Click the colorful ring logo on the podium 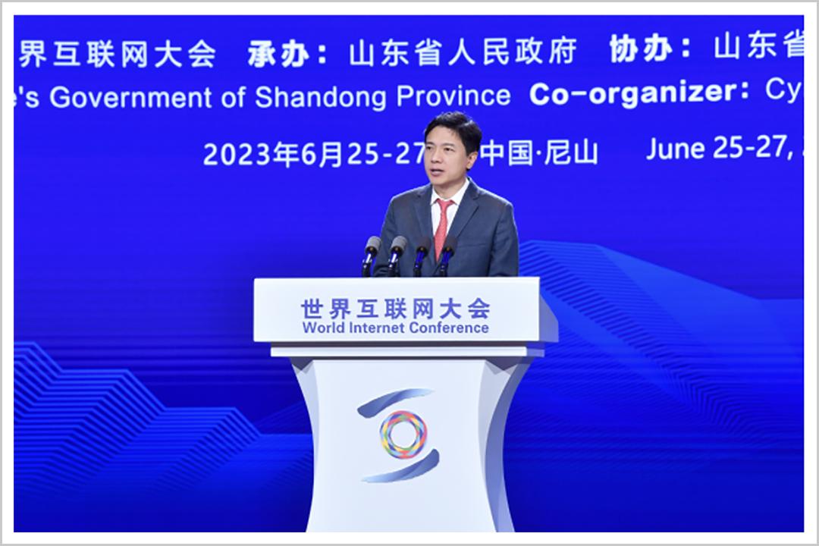[x=403, y=434]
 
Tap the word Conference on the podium [x=449, y=328]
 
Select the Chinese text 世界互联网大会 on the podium [x=395, y=308]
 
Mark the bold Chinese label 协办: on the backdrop [x=651, y=49]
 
